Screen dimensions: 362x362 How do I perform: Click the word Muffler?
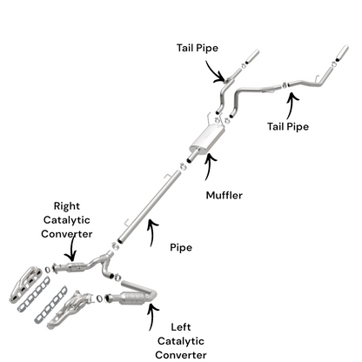[224, 195]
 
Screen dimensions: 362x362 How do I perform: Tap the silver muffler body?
[207, 138]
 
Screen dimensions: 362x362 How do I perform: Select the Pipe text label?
[181, 248]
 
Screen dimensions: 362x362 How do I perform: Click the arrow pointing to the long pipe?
[151, 231]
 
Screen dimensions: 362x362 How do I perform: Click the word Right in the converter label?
[66, 206]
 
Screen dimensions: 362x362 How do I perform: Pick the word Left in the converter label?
[181, 327]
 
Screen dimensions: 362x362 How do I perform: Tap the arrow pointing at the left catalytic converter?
[151, 316]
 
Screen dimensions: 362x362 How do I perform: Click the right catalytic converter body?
[76, 267]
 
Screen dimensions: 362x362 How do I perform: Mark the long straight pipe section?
[149, 206]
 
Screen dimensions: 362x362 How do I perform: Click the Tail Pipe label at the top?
[198, 48]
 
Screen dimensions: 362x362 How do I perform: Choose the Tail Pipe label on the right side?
[288, 127]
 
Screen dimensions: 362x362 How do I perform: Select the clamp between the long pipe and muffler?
[183, 167]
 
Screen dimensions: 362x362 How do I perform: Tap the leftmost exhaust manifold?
[28, 285]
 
